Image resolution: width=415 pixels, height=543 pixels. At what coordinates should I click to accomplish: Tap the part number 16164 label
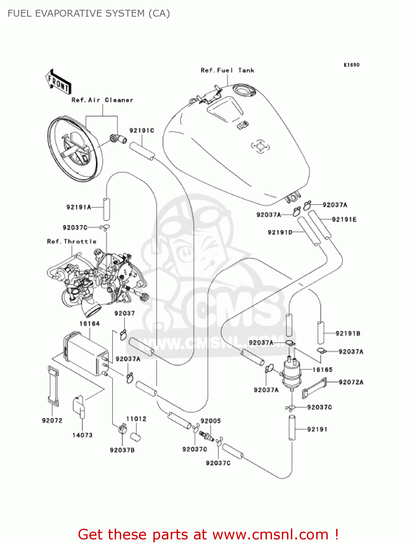(x=89, y=324)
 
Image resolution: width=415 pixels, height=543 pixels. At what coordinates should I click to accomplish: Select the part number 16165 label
(x=322, y=370)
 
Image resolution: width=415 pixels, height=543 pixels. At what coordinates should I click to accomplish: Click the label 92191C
(x=142, y=130)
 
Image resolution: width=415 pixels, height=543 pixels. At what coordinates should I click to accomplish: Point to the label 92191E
(x=344, y=219)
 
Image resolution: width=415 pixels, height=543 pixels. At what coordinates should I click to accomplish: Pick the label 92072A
(x=351, y=382)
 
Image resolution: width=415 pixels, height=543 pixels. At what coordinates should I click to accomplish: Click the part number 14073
(x=82, y=435)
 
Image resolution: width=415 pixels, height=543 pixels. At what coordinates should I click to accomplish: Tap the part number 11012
(x=136, y=419)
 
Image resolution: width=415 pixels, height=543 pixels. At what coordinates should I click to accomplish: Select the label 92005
(x=211, y=421)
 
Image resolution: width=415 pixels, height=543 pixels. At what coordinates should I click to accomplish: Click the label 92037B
(x=122, y=450)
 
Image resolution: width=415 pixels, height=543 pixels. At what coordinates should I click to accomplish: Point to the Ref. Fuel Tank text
(x=227, y=70)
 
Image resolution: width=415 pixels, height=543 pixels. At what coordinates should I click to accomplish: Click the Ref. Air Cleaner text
(x=102, y=100)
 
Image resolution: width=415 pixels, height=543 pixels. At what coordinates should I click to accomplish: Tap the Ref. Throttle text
(x=72, y=241)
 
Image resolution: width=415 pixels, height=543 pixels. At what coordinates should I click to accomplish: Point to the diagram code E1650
(x=351, y=65)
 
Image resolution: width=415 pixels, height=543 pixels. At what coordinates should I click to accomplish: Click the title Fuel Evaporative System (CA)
(x=89, y=13)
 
